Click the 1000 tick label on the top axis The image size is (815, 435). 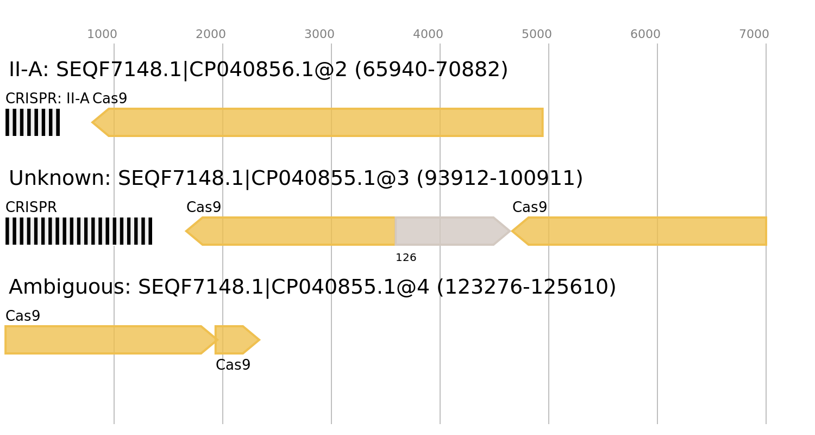pyautogui.click(x=102, y=34)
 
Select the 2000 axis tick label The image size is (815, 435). pyautogui.click(x=211, y=34)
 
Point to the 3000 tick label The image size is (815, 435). pyautogui.click(x=319, y=34)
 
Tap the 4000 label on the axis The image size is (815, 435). pyautogui.click(x=428, y=34)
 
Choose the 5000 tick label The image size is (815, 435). pyautogui.click(x=537, y=34)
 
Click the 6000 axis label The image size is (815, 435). pyautogui.click(x=645, y=34)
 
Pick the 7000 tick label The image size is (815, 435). pyautogui.click(x=754, y=34)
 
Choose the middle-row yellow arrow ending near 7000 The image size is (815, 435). pyautogui.click(x=641, y=231)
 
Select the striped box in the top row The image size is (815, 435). pyautogui.click(x=33, y=122)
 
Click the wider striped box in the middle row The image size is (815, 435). pyautogui.click(x=79, y=231)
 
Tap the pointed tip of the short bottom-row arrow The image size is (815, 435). pyautogui.click(x=260, y=340)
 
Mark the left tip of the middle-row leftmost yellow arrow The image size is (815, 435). pyautogui.click(x=186, y=231)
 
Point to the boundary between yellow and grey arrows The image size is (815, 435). pyautogui.click(x=395, y=231)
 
